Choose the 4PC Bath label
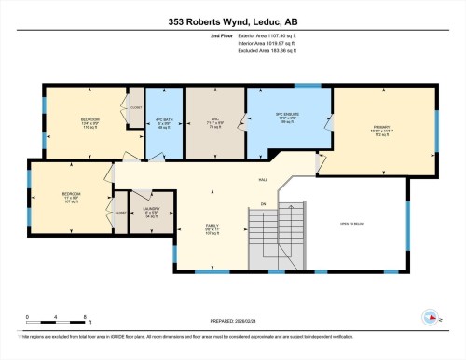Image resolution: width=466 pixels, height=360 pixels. (164, 122)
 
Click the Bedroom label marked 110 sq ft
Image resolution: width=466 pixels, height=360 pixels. (90, 122)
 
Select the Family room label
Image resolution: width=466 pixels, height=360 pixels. (212, 226)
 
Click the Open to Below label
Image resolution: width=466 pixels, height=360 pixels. (351, 224)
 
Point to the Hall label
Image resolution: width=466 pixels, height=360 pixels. (263, 181)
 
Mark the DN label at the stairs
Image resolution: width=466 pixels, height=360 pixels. (264, 203)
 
